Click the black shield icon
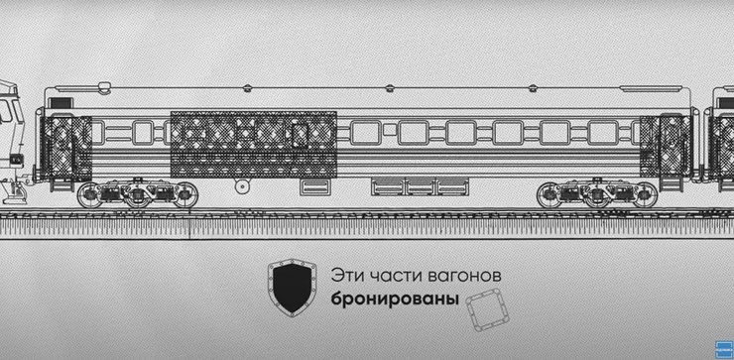tap(290, 287)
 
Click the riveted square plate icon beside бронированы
tap(486, 313)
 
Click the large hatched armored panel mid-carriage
tap(253, 144)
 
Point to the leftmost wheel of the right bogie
tap(552, 195)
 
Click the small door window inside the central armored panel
tap(298, 134)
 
